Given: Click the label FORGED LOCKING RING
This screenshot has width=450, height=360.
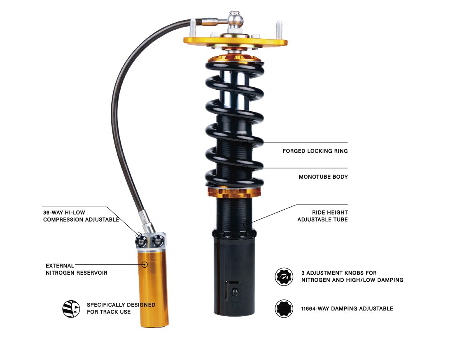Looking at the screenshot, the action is click(315, 151).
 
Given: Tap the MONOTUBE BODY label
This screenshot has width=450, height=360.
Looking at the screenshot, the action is click(323, 177).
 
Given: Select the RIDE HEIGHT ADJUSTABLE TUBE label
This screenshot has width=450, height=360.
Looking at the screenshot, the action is click(323, 216).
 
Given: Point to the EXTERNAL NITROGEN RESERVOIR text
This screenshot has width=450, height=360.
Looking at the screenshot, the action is click(76, 269).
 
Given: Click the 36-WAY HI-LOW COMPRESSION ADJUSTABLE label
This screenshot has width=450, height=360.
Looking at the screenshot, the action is click(81, 216).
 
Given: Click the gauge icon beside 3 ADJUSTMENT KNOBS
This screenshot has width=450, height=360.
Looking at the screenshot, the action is click(284, 277).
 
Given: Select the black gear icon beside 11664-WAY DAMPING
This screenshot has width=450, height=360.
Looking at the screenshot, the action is click(284, 309).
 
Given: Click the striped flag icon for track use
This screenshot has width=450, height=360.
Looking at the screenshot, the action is click(71, 309).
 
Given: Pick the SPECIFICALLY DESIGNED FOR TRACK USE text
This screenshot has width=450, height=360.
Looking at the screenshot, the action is click(121, 309).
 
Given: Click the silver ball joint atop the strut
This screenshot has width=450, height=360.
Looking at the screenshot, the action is click(235, 19).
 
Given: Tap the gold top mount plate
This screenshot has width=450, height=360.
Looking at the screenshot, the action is click(235, 42).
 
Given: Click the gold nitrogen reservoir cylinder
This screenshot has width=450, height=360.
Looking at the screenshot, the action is click(153, 288).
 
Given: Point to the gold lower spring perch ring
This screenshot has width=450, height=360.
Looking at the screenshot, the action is click(234, 192).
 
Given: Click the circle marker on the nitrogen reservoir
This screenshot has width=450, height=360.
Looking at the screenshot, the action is click(145, 264).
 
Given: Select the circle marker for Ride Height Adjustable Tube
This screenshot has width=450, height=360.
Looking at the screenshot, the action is click(246, 224).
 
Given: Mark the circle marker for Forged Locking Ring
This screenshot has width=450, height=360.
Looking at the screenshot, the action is click(245, 142).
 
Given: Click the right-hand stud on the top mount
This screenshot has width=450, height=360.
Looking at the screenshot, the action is click(279, 30).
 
